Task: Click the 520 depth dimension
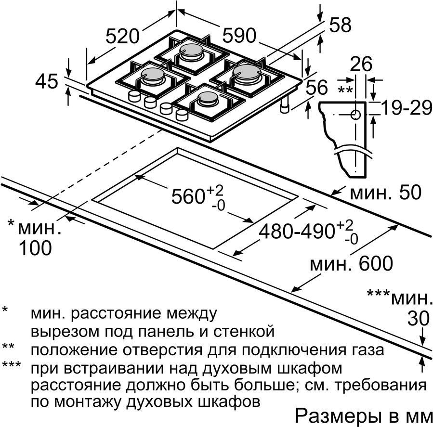pyautogui.click(x=122, y=36)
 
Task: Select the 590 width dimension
pyautogui.click(x=239, y=36)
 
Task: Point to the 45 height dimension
pyautogui.click(x=47, y=81)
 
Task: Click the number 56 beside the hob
pyautogui.click(x=317, y=87)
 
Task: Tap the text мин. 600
pyautogui.click(x=351, y=263)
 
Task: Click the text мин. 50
pyautogui.click(x=386, y=192)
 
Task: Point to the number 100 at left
pyautogui.click(x=35, y=247)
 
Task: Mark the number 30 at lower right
pyautogui.click(x=419, y=318)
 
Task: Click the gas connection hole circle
pyautogui.click(x=355, y=114)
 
